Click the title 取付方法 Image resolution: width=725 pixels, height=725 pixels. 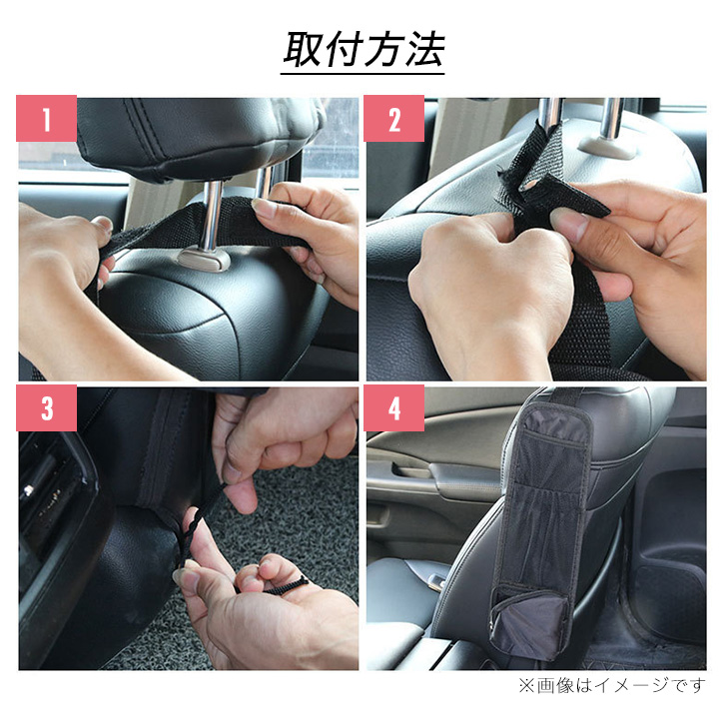(362, 49)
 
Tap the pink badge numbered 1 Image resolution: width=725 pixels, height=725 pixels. (46, 119)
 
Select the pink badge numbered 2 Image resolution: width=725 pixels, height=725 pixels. (393, 119)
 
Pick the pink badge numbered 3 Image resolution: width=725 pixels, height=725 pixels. (46, 407)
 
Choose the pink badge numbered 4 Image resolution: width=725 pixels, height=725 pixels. (393, 407)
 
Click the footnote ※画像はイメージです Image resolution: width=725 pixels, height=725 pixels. (612, 685)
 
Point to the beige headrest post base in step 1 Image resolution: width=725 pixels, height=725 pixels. (204, 259)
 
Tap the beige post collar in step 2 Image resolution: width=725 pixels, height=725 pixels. (606, 147)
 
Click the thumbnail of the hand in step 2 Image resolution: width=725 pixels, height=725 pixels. (568, 223)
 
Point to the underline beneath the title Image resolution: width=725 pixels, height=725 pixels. (362, 73)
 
